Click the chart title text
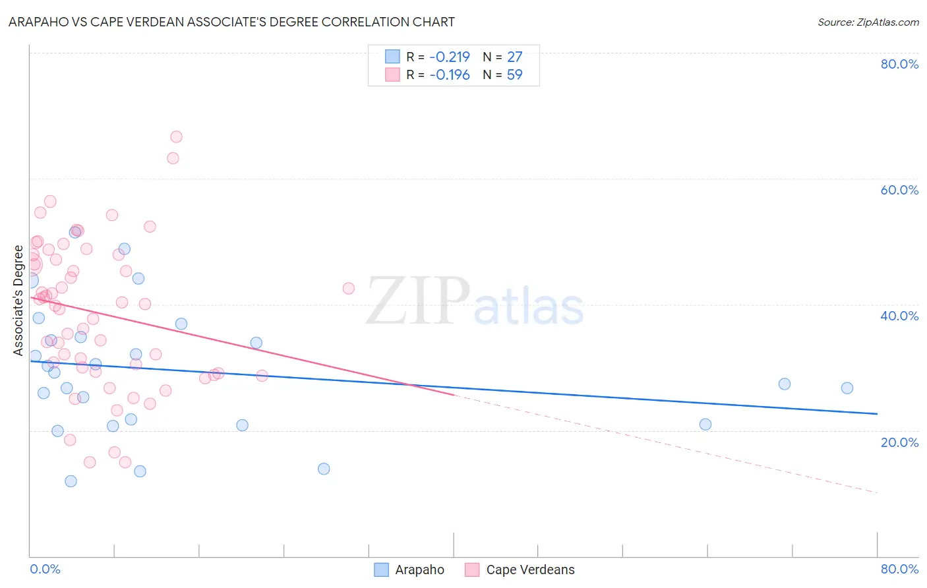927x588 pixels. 231,22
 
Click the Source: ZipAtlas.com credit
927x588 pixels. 868,22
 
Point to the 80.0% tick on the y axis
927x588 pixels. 899,64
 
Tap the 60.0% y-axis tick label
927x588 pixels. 899,190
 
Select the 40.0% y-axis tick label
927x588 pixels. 899,316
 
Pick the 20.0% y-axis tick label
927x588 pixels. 899,442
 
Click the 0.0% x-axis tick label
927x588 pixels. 45,569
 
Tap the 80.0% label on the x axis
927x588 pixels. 899,569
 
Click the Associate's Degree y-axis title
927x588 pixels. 18,301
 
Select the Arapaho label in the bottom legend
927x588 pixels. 419,570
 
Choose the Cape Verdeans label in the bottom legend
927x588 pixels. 530,570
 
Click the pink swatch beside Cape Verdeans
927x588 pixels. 471,570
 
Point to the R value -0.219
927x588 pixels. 450,57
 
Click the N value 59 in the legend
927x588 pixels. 514,74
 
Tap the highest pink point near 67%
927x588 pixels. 176,137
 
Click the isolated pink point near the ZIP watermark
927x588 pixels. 348,288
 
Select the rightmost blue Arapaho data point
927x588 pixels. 847,388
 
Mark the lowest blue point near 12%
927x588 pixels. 71,481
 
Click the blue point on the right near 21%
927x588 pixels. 705,425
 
